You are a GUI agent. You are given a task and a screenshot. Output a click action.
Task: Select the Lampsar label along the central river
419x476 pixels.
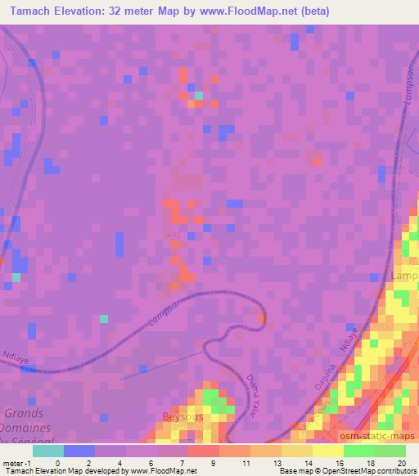167,313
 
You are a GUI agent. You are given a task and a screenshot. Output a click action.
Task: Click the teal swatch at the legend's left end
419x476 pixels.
47,451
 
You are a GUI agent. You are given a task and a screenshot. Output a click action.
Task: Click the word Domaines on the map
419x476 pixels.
28,428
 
